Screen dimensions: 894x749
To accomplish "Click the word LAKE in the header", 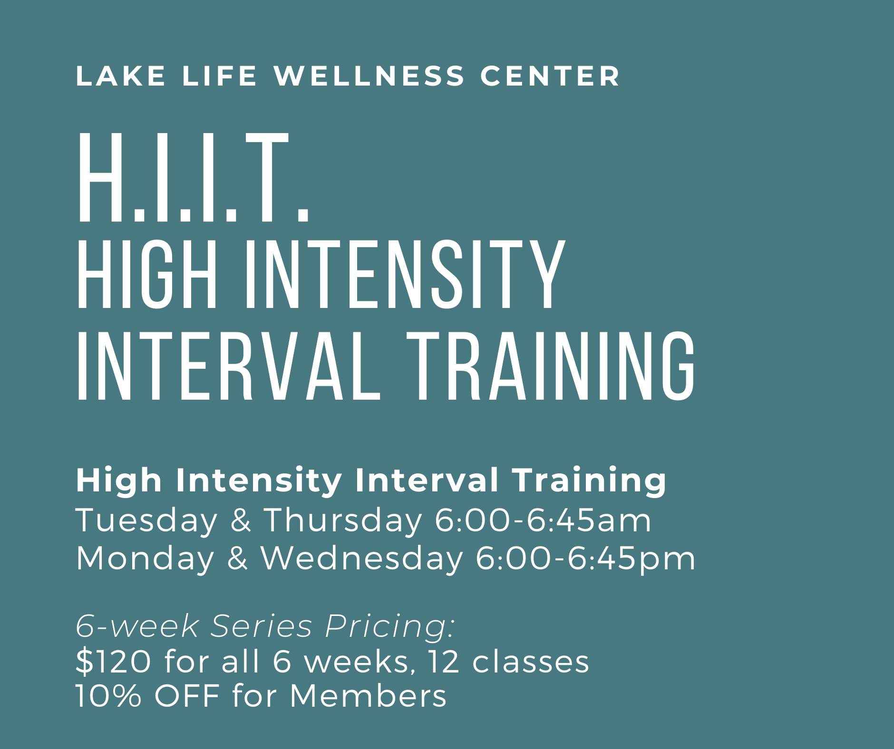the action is click(121, 76).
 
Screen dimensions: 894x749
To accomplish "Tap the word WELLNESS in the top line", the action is click(369, 76).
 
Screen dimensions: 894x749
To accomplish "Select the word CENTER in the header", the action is click(550, 76).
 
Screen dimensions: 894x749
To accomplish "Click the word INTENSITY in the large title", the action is click(405, 275).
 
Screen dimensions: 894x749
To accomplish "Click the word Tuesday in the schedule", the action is click(146, 520).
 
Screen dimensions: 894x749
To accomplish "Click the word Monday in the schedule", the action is click(145, 558).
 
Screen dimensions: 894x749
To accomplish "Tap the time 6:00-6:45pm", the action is click(585, 558).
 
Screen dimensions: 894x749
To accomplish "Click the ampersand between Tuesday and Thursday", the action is click(240, 519).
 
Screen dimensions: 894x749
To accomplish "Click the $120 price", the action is click(113, 661).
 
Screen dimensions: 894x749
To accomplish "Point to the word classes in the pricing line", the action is click(530, 661).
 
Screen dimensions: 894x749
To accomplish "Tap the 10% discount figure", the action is click(109, 696).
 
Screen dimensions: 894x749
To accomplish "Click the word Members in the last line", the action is click(368, 696).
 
